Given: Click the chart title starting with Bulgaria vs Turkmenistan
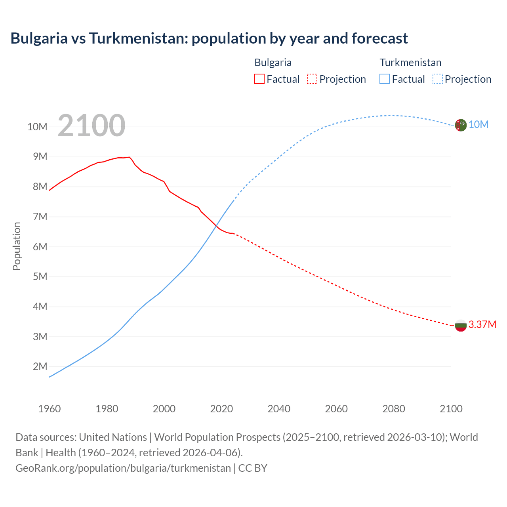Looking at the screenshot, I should [209, 38].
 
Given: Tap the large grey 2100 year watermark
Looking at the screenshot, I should [91, 126].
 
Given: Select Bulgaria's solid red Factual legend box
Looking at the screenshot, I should [259, 79].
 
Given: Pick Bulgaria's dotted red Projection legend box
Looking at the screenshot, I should [312, 79].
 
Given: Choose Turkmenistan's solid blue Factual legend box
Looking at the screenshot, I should [385, 79].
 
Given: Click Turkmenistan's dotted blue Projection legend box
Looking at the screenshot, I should [437, 79].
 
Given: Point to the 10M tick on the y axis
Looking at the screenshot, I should [37, 127].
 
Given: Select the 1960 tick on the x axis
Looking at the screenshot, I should [50, 409].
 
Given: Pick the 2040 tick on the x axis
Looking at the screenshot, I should [279, 409].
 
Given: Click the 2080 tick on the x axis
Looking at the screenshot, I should [394, 409].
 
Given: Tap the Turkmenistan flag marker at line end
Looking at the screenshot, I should [460, 125].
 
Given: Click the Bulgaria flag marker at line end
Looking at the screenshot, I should [460, 326].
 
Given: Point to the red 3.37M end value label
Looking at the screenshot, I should [482, 325].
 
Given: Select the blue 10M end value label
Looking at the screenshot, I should [478, 125].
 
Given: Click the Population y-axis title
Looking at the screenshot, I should [17, 246].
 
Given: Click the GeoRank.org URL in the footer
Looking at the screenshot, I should [123, 468].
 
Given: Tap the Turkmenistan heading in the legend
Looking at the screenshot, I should [410, 63].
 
